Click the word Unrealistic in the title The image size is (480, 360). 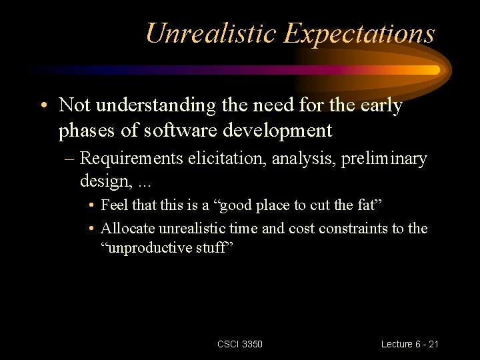click(211, 33)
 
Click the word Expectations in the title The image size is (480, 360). click(359, 34)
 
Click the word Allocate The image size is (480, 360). click(128, 228)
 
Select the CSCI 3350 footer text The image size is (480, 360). click(240, 344)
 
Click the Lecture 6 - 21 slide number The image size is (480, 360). click(409, 344)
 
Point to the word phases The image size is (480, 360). click(83, 131)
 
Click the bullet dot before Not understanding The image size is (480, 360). click(43, 107)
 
